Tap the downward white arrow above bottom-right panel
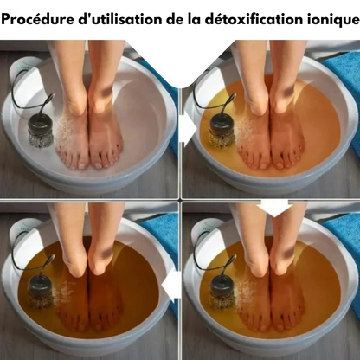tap(274, 207)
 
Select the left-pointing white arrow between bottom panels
tap(170, 285)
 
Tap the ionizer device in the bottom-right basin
tap(222, 292)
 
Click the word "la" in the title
tap(194, 20)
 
